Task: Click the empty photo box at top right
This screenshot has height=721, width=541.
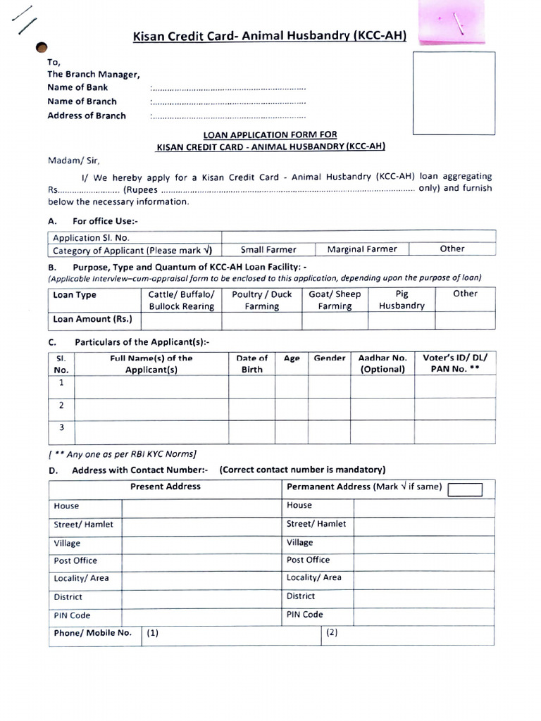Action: (454, 93)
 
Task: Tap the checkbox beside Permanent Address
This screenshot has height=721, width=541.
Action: (465, 489)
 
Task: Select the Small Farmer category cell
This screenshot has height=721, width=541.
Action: (268, 249)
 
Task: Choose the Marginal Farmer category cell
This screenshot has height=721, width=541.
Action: (362, 249)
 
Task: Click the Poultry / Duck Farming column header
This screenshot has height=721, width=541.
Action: (261, 300)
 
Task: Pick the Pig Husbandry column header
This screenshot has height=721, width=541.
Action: (402, 300)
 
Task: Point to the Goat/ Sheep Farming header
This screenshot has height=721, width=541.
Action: (335, 300)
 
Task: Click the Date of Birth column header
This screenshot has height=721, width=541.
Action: (251, 363)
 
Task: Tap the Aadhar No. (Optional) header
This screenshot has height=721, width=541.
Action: (383, 363)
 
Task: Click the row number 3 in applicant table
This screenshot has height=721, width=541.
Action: (62, 427)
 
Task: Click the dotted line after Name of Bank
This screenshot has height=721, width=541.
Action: (228, 89)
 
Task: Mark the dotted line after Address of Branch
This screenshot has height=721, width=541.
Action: (228, 117)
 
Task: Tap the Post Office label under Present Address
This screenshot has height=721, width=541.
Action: (75, 560)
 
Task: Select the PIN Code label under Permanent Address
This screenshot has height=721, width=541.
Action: (304, 614)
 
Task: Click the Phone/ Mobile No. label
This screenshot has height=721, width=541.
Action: (92, 632)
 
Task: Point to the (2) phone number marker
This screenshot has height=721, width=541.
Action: (332, 632)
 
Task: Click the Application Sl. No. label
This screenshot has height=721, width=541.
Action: (91, 238)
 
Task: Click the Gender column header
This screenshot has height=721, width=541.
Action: (330, 358)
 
